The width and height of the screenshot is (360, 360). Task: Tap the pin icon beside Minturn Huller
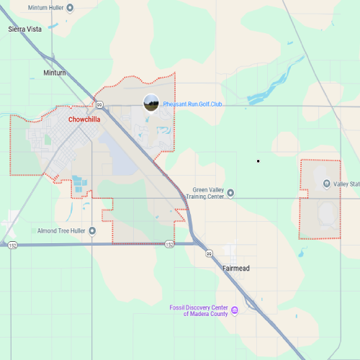[69, 8]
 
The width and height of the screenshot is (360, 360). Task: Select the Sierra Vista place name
[24, 30]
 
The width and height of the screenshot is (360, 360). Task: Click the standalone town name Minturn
[54, 73]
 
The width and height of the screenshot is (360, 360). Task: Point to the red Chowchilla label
[84, 120]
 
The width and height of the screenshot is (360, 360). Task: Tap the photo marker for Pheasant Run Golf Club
[151, 103]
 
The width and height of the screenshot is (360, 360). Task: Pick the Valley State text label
[347, 184]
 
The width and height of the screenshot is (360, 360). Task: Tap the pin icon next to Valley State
[327, 184]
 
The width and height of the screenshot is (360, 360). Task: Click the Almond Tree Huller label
[62, 230]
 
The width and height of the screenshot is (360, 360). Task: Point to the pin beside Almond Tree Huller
[33, 230]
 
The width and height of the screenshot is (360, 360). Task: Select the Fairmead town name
[236, 268]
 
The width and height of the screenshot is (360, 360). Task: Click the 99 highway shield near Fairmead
[209, 254]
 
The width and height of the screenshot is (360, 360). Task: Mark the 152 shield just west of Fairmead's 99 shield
[168, 244]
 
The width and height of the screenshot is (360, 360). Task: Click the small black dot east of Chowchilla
[258, 161]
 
